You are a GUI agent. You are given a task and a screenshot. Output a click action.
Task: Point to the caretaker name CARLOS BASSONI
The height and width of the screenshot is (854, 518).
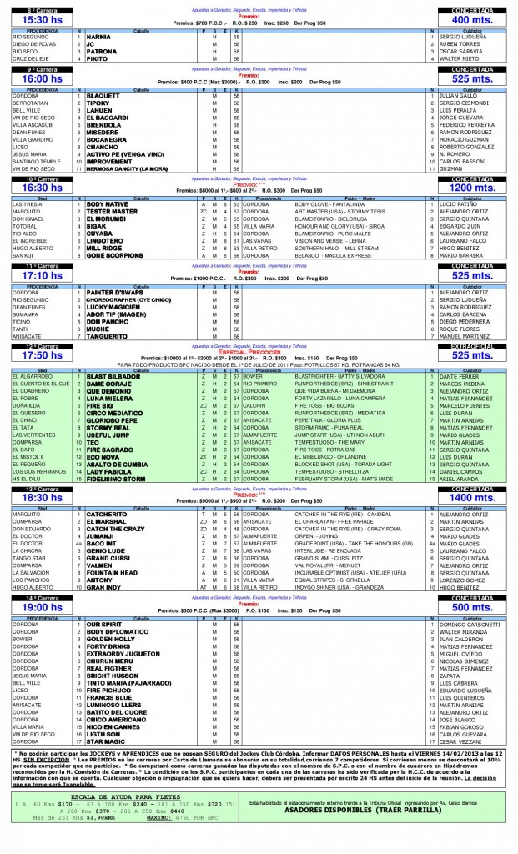click(x=467, y=161)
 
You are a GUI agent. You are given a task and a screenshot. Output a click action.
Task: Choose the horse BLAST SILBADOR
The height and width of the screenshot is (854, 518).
click(x=109, y=376)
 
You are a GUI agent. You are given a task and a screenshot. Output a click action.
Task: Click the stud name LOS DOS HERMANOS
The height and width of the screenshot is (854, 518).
click(x=34, y=472)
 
